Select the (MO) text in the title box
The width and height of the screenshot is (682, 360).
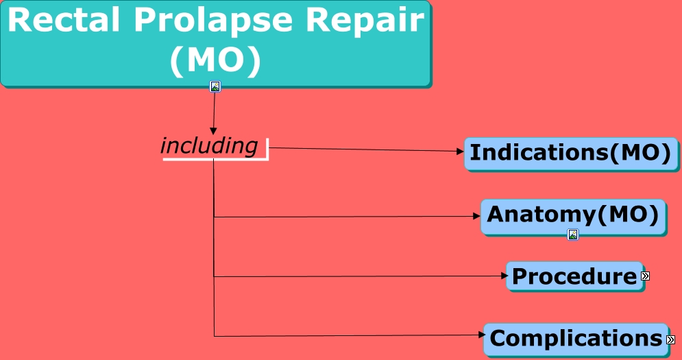click(x=215, y=61)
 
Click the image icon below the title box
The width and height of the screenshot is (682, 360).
click(x=215, y=86)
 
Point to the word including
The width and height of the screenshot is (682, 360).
click(x=209, y=146)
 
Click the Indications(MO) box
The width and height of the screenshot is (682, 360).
click(x=570, y=152)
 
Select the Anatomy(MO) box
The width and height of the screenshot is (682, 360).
click(x=573, y=215)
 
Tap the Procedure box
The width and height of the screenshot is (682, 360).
click(x=574, y=276)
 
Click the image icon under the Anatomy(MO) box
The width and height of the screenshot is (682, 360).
click(x=573, y=235)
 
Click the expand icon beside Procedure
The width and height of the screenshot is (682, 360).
click(x=645, y=276)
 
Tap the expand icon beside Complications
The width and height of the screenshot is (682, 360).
click(x=670, y=339)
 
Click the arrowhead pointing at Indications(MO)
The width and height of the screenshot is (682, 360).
click(x=461, y=152)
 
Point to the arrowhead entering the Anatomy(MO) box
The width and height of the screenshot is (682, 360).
click(x=477, y=216)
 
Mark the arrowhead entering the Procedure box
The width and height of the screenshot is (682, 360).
click(x=502, y=276)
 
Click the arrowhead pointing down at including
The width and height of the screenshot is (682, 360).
click(x=213, y=131)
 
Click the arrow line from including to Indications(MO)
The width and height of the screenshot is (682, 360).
click(x=363, y=149)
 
